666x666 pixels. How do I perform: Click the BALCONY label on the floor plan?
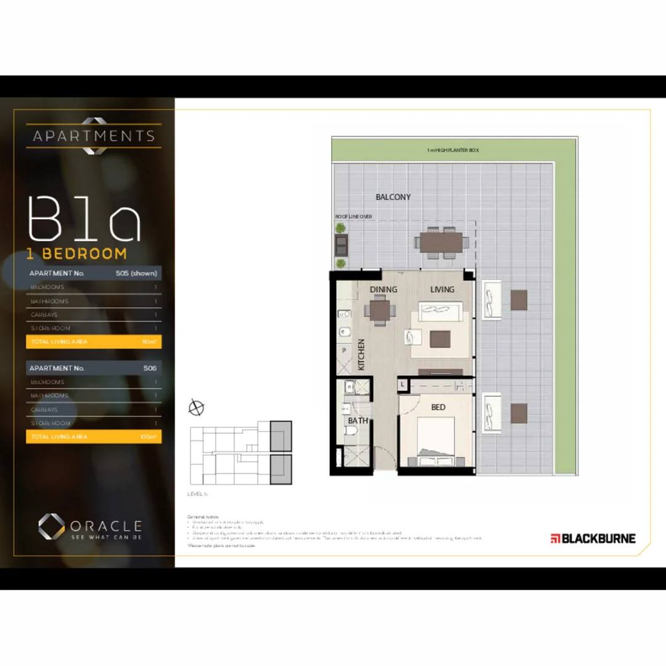[393, 197]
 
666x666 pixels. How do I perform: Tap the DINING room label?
[384, 290]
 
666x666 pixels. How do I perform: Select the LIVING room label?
[442, 290]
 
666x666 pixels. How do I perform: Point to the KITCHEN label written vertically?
[361, 355]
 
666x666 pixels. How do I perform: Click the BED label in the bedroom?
[438, 408]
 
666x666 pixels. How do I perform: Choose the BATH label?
[358, 421]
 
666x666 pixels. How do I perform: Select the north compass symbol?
[197, 407]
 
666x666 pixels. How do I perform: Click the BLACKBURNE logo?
[593, 538]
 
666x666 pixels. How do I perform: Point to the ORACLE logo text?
[105, 526]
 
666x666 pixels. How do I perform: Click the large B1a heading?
[84, 219]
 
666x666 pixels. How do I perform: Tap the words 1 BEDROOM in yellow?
[76, 253]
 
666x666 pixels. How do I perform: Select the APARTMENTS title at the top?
[94, 136]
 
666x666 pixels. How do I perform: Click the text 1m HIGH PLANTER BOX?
[453, 150]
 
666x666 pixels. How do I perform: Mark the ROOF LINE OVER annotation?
[353, 217]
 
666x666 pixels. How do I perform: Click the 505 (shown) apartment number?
[136, 273]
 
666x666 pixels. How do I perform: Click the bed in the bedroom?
[437, 441]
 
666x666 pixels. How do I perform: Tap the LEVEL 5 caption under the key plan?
[197, 494]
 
